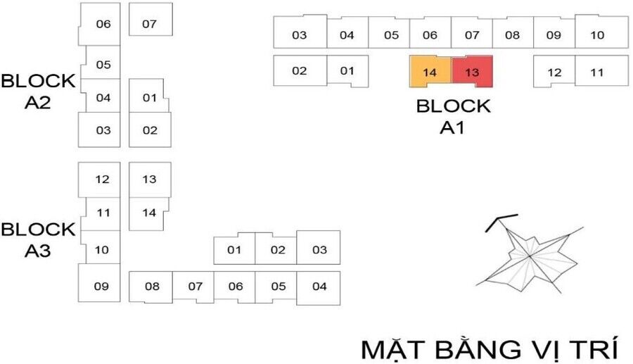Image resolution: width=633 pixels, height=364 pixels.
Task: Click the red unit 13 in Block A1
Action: [471, 73]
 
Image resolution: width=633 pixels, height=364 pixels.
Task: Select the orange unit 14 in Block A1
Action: [430, 73]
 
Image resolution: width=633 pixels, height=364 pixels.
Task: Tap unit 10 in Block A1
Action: [597, 34]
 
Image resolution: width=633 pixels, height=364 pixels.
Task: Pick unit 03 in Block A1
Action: [300, 34]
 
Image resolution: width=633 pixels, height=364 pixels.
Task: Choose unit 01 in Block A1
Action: [347, 70]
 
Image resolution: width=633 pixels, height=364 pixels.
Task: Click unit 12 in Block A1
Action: [554, 72]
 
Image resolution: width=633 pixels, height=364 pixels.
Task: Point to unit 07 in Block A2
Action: [150, 24]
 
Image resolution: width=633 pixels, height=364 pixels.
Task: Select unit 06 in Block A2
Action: [103, 24]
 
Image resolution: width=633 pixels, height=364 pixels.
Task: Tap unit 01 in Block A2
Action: [149, 98]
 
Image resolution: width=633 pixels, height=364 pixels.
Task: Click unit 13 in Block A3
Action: [149, 179]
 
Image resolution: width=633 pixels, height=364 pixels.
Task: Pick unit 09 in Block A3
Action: [101, 286]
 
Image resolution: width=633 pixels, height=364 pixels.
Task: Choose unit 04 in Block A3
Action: [319, 287]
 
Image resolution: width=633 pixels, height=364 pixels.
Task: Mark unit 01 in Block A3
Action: [234, 250]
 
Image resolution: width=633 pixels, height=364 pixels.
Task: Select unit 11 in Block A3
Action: [103, 213]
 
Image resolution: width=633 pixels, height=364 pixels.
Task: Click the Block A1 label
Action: [453, 117]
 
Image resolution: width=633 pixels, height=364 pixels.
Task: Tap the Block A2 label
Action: [38, 92]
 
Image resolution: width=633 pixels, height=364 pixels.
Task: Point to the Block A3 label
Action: [38, 240]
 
